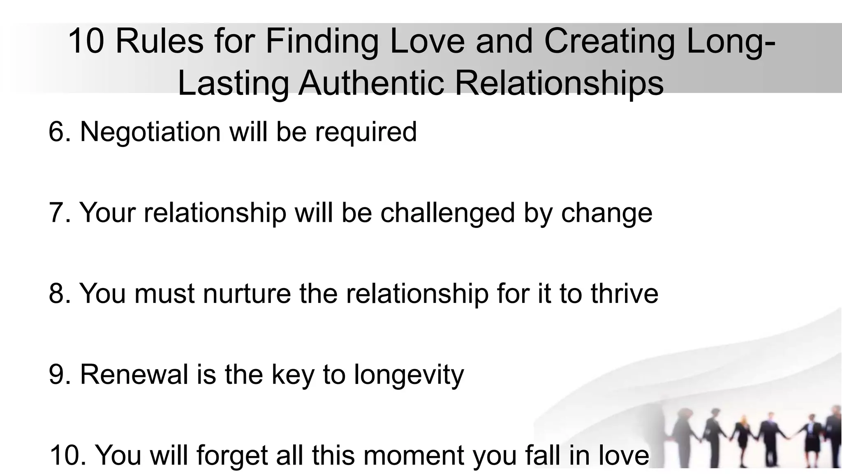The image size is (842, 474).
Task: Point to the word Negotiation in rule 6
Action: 150,132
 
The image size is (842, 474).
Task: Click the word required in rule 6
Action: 366,132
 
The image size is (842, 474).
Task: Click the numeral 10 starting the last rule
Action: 65,455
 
